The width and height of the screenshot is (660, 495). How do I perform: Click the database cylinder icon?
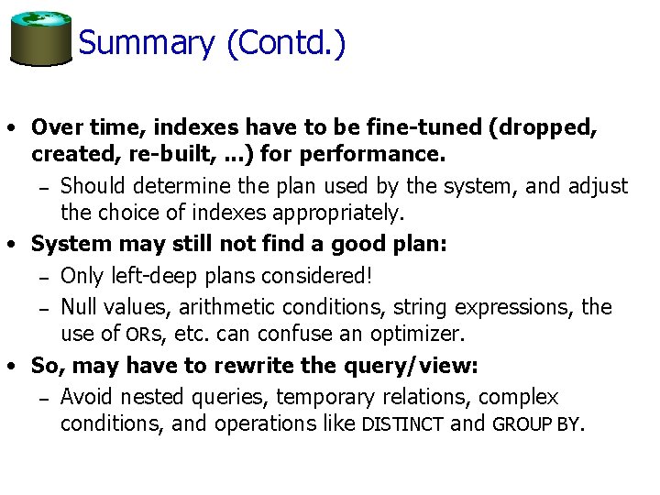[x=40, y=38]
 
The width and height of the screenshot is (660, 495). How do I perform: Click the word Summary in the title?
[x=146, y=43]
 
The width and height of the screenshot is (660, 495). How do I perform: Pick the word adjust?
[x=598, y=186]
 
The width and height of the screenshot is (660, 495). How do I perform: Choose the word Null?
[x=78, y=307]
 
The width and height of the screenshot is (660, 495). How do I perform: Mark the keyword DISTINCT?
[x=403, y=425]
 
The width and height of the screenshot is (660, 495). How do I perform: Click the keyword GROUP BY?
[x=536, y=425]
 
